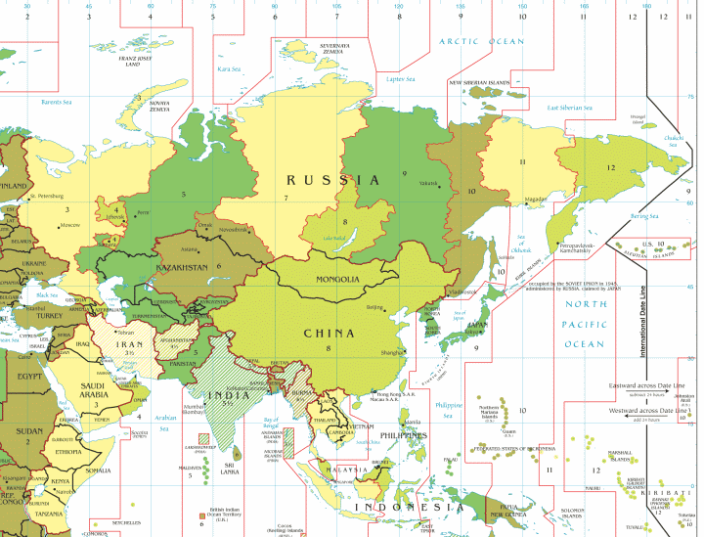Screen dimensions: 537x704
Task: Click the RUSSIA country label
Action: click(332, 180)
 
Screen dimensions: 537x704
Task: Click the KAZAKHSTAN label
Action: click(182, 267)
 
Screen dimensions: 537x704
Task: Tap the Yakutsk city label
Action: click(431, 183)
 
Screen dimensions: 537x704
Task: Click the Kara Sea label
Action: click(229, 69)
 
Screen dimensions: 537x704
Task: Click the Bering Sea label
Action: click(645, 215)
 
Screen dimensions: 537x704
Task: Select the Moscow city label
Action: click(69, 225)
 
